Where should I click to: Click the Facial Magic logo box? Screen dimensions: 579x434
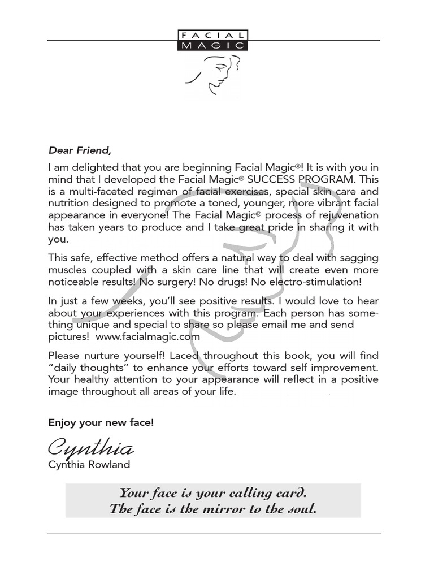coord(212,41)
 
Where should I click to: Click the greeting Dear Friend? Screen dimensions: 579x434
coord(80,150)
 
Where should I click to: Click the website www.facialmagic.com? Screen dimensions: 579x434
coord(148,336)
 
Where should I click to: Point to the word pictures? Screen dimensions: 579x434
coord(68,336)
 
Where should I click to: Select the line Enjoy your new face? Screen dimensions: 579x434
coord(101,422)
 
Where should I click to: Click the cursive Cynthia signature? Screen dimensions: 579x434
coord(91,448)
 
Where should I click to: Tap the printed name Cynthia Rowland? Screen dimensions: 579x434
coord(89,465)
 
